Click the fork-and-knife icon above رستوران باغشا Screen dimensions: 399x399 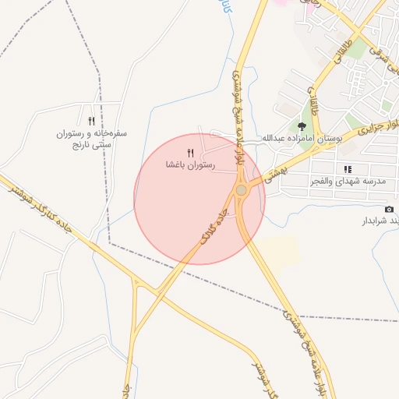(190, 154)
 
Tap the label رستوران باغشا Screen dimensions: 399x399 (190, 165)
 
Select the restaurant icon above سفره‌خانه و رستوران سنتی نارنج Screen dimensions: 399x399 (92, 121)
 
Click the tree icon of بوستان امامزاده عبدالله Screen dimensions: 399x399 (302, 126)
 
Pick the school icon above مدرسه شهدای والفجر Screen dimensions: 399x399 (348, 168)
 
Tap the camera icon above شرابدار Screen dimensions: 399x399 (389, 209)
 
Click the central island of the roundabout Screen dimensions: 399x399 (242, 190)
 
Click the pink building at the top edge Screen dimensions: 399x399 (278, 2)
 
